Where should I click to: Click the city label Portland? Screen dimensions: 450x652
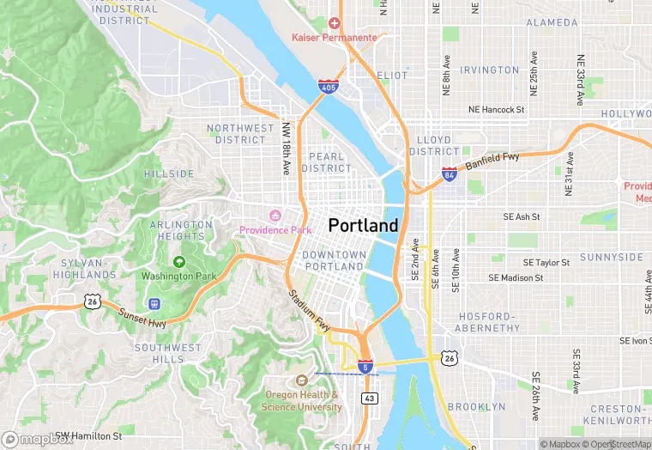click(x=363, y=225)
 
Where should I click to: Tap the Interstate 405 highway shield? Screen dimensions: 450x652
click(x=327, y=87)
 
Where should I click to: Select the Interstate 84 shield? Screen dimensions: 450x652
click(x=450, y=174)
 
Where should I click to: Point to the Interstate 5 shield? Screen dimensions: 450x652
click(x=365, y=367)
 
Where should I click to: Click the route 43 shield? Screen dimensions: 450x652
click(x=369, y=398)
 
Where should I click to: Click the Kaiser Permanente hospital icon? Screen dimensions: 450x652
click(x=335, y=23)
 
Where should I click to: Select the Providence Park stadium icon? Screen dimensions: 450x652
click(x=275, y=215)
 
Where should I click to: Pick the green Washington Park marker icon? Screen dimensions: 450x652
click(x=178, y=262)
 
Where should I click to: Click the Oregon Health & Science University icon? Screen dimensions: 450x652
click(x=301, y=380)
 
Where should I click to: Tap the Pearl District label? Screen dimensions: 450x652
click(x=326, y=162)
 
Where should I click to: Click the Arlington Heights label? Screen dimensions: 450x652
click(x=181, y=230)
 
